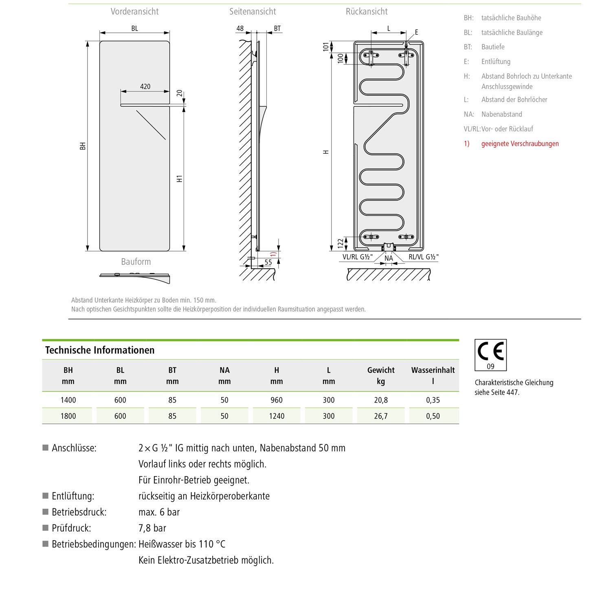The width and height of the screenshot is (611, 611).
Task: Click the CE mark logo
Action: (x=490, y=351)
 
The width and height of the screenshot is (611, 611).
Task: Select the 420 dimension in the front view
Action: (x=145, y=86)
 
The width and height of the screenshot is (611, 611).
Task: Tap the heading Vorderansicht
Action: (x=134, y=11)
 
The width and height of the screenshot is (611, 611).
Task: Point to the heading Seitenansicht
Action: (x=253, y=11)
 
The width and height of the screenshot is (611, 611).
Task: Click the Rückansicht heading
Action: (x=367, y=11)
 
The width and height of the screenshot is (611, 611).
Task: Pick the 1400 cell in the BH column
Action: (x=68, y=400)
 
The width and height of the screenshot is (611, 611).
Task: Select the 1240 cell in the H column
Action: (x=277, y=416)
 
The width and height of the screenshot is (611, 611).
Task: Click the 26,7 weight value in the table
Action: (x=381, y=416)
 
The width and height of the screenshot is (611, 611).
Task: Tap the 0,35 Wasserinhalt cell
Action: (x=433, y=400)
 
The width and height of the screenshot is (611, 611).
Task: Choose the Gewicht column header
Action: (x=381, y=370)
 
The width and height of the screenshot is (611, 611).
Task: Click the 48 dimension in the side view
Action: (x=240, y=29)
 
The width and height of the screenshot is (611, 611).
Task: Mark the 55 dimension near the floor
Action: (x=268, y=262)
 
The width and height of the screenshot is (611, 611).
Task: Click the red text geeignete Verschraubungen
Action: (x=520, y=143)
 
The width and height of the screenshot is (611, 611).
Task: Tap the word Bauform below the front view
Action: (x=136, y=262)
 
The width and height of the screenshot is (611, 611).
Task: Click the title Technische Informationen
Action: (x=100, y=350)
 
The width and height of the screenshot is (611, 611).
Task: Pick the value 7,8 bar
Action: (x=152, y=528)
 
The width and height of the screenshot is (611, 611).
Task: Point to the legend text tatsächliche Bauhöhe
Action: (x=511, y=18)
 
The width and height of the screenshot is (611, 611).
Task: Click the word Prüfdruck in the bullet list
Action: (x=71, y=528)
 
